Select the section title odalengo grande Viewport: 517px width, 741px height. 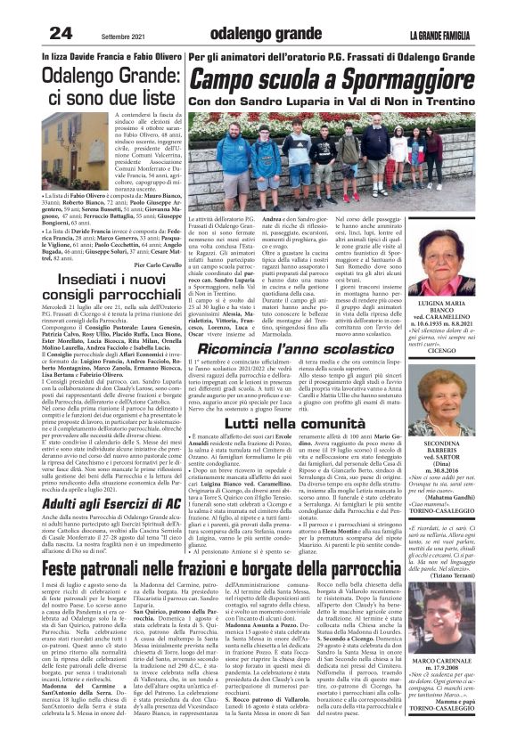pyautogui.click(x=258, y=34)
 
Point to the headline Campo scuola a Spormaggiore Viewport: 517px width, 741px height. pyautogui.click(x=328, y=80)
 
